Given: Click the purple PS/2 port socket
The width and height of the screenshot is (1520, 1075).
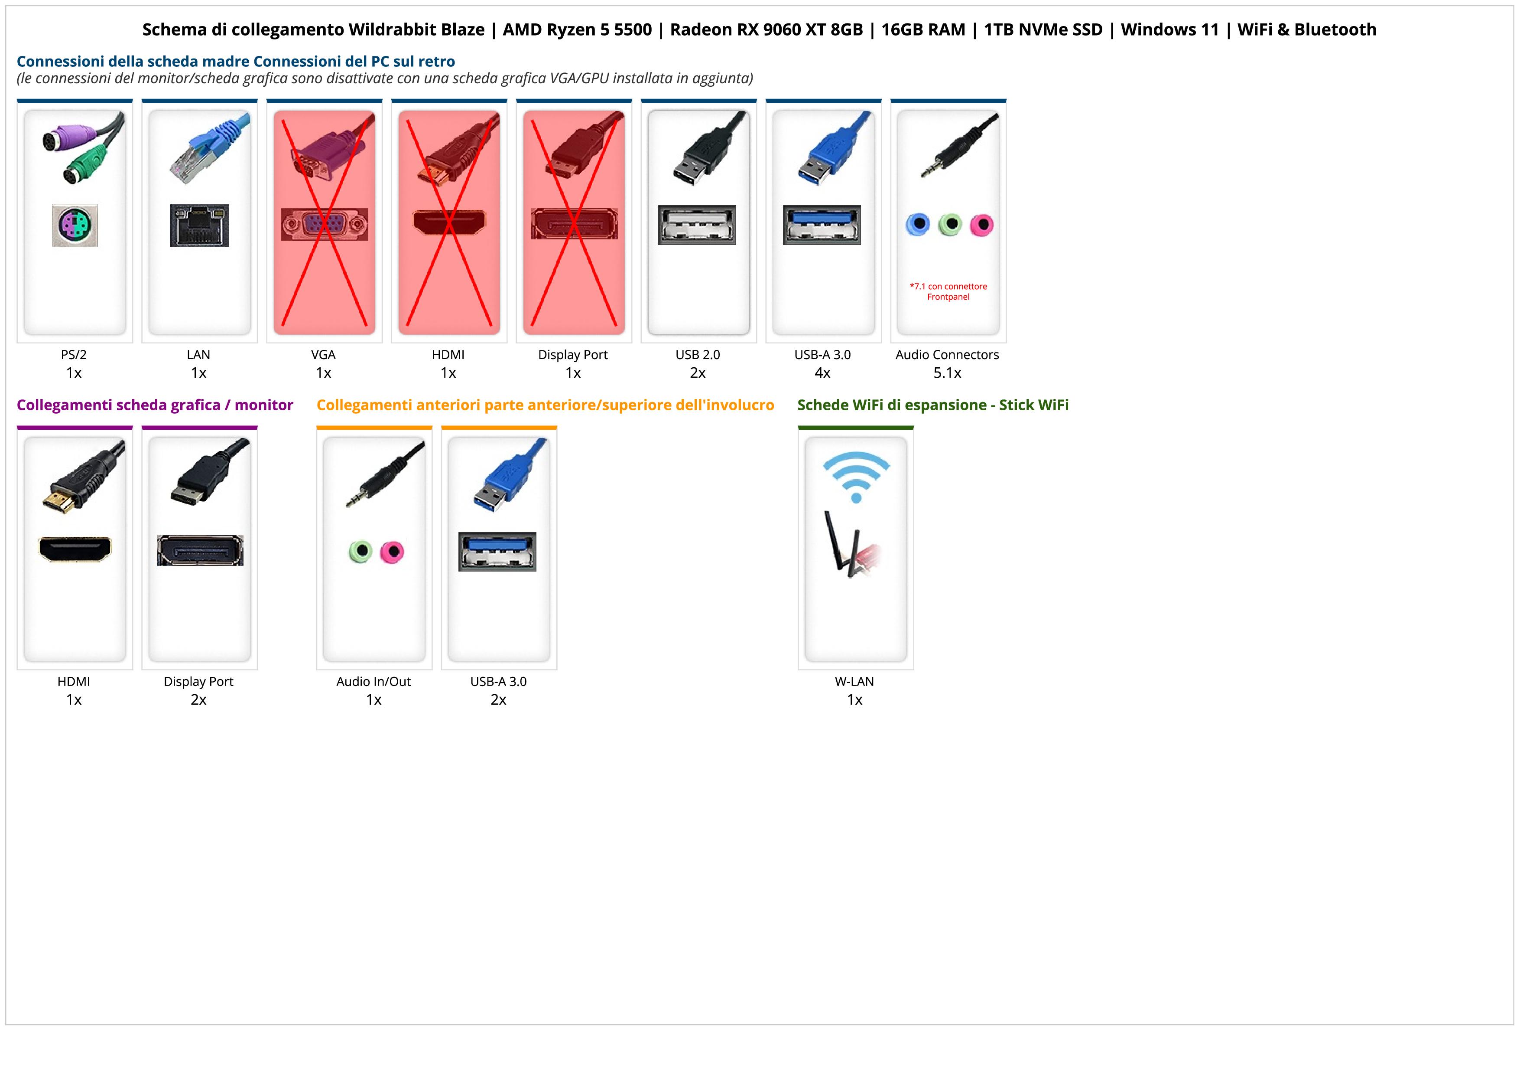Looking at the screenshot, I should pos(75,225).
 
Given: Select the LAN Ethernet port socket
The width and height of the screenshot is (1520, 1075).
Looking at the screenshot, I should pos(199,225).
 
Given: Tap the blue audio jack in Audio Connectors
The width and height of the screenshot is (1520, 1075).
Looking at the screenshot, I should pos(918,225).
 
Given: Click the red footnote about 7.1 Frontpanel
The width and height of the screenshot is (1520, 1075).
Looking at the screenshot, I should pos(948,291).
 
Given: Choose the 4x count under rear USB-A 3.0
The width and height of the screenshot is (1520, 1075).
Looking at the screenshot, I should pos(822,373).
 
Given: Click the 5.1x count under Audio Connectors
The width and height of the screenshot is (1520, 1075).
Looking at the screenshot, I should pos(947,373).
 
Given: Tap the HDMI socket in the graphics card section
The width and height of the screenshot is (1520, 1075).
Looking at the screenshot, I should pos(75,549).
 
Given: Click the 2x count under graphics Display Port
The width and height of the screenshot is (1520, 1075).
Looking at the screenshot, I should pos(198,699).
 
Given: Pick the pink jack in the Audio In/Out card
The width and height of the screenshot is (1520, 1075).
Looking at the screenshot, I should pos(393,551).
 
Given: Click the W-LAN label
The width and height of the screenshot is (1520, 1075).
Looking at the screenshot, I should pos(854,682).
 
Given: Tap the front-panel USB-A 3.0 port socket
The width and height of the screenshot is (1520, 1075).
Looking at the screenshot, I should pos(497,551).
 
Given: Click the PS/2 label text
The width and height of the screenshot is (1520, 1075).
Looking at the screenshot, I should pos(74,354).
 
